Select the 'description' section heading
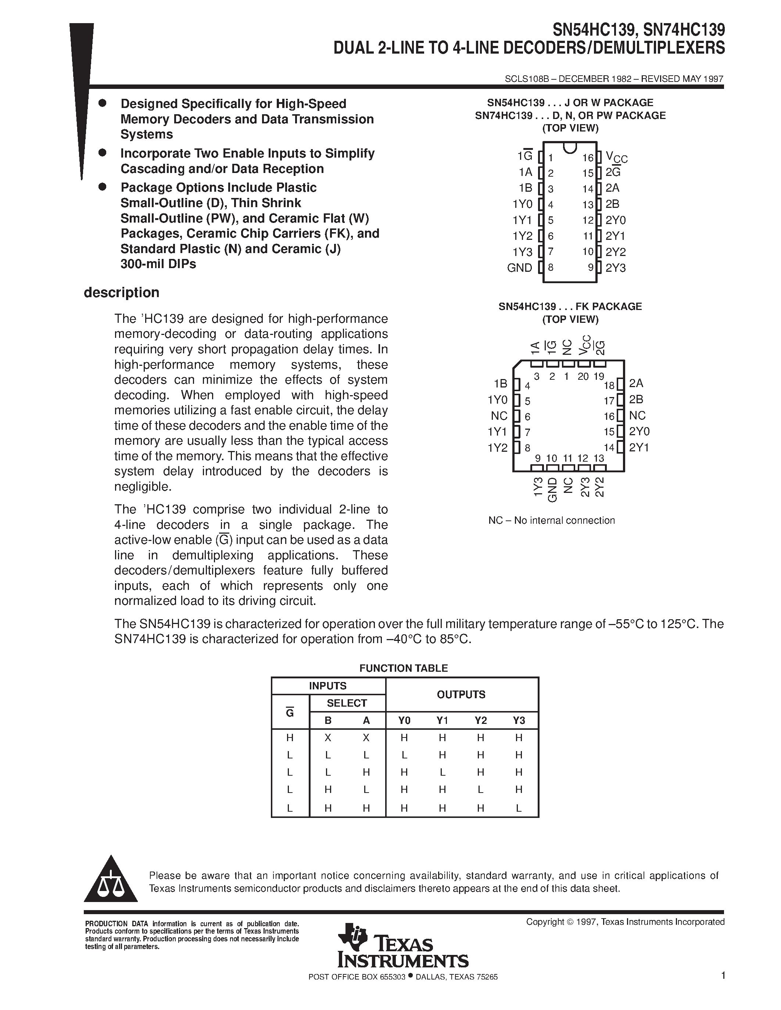click(x=121, y=293)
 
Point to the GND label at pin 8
click(x=520, y=268)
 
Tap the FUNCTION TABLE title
click(x=404, y=668)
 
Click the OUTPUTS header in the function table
click(x=461, y=695)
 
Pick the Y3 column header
click(x=519, y=721)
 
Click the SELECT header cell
click(x=347, y=703)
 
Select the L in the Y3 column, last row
click(x=519, y=808)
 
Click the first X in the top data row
click(x=328, y=737)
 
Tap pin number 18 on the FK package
click(x=609, y=385)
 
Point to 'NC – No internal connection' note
click(x=552, y=520)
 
